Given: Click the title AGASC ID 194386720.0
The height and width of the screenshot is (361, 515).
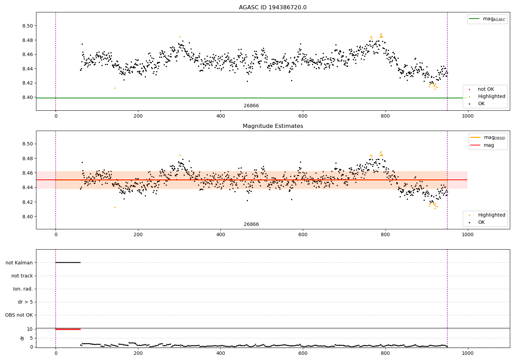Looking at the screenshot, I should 273,8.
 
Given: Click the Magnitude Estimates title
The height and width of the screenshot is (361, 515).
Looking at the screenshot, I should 273,126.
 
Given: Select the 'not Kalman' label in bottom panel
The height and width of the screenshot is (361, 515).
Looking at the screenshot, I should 19,263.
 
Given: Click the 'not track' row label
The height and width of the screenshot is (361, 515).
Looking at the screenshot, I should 22,276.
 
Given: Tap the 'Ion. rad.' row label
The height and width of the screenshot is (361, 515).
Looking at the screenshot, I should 23,289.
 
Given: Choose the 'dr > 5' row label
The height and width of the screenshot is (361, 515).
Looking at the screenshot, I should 25,302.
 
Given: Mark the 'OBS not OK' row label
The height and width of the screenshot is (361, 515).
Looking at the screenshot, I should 19,315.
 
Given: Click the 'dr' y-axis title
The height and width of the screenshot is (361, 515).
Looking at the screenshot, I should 22,338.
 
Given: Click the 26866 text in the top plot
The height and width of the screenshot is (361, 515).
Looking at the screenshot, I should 251,106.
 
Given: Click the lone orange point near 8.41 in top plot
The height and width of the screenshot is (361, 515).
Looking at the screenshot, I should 115,88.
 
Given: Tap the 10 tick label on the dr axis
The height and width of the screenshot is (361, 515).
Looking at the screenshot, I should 30,329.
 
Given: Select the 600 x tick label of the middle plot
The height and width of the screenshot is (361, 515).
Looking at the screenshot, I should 303,235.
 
